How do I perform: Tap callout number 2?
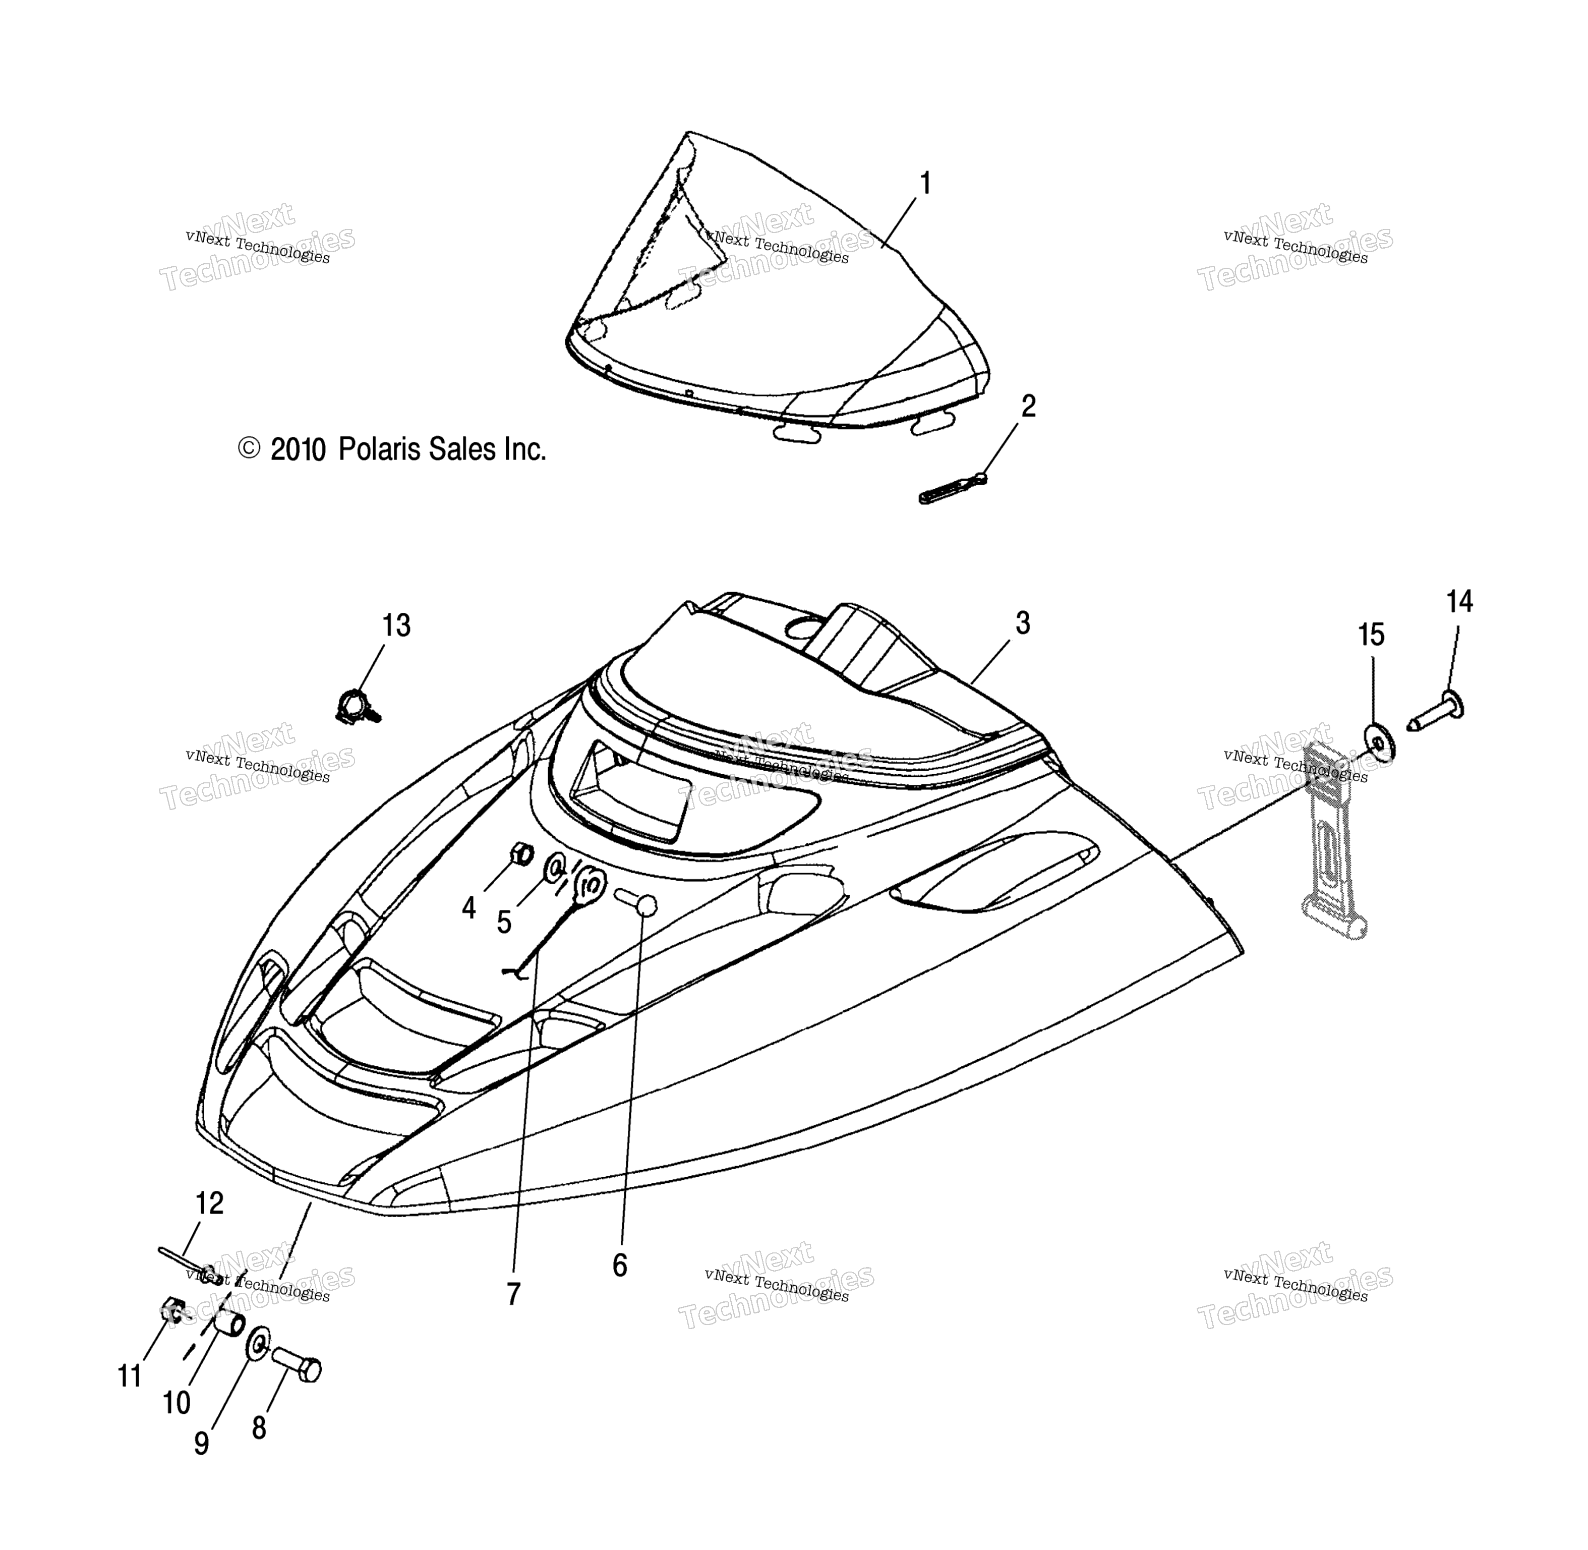(x=1029, y=406)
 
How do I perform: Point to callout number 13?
(x=396, y=626)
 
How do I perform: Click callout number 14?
(x=1459, y=602)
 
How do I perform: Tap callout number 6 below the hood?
(x=619, y=1266)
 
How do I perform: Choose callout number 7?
(x=513, y=1294)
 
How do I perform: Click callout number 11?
(x=130, y=1376)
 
